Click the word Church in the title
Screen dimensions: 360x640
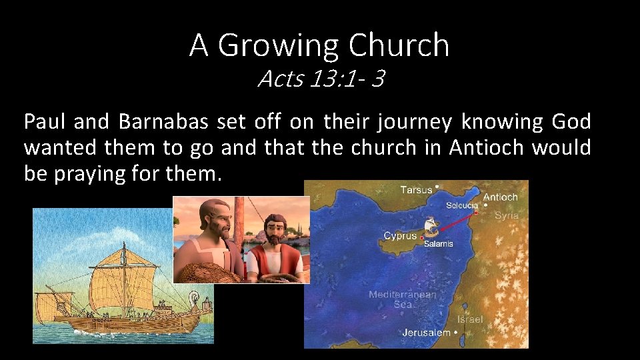tap(399, 45)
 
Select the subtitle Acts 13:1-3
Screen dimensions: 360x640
tap(321, 79)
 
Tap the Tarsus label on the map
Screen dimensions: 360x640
tap(416, 190)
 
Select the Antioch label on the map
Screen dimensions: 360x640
tap(500, 197)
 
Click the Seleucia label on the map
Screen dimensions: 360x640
tap(462, 206)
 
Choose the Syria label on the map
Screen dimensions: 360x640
tap(507, 215)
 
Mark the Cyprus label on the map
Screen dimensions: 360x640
tap(400, 236)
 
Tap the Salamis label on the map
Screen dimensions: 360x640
tap(439, 244)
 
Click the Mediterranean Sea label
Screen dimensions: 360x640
tap(403, 299)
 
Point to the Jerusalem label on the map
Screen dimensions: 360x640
tap(426, 332)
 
